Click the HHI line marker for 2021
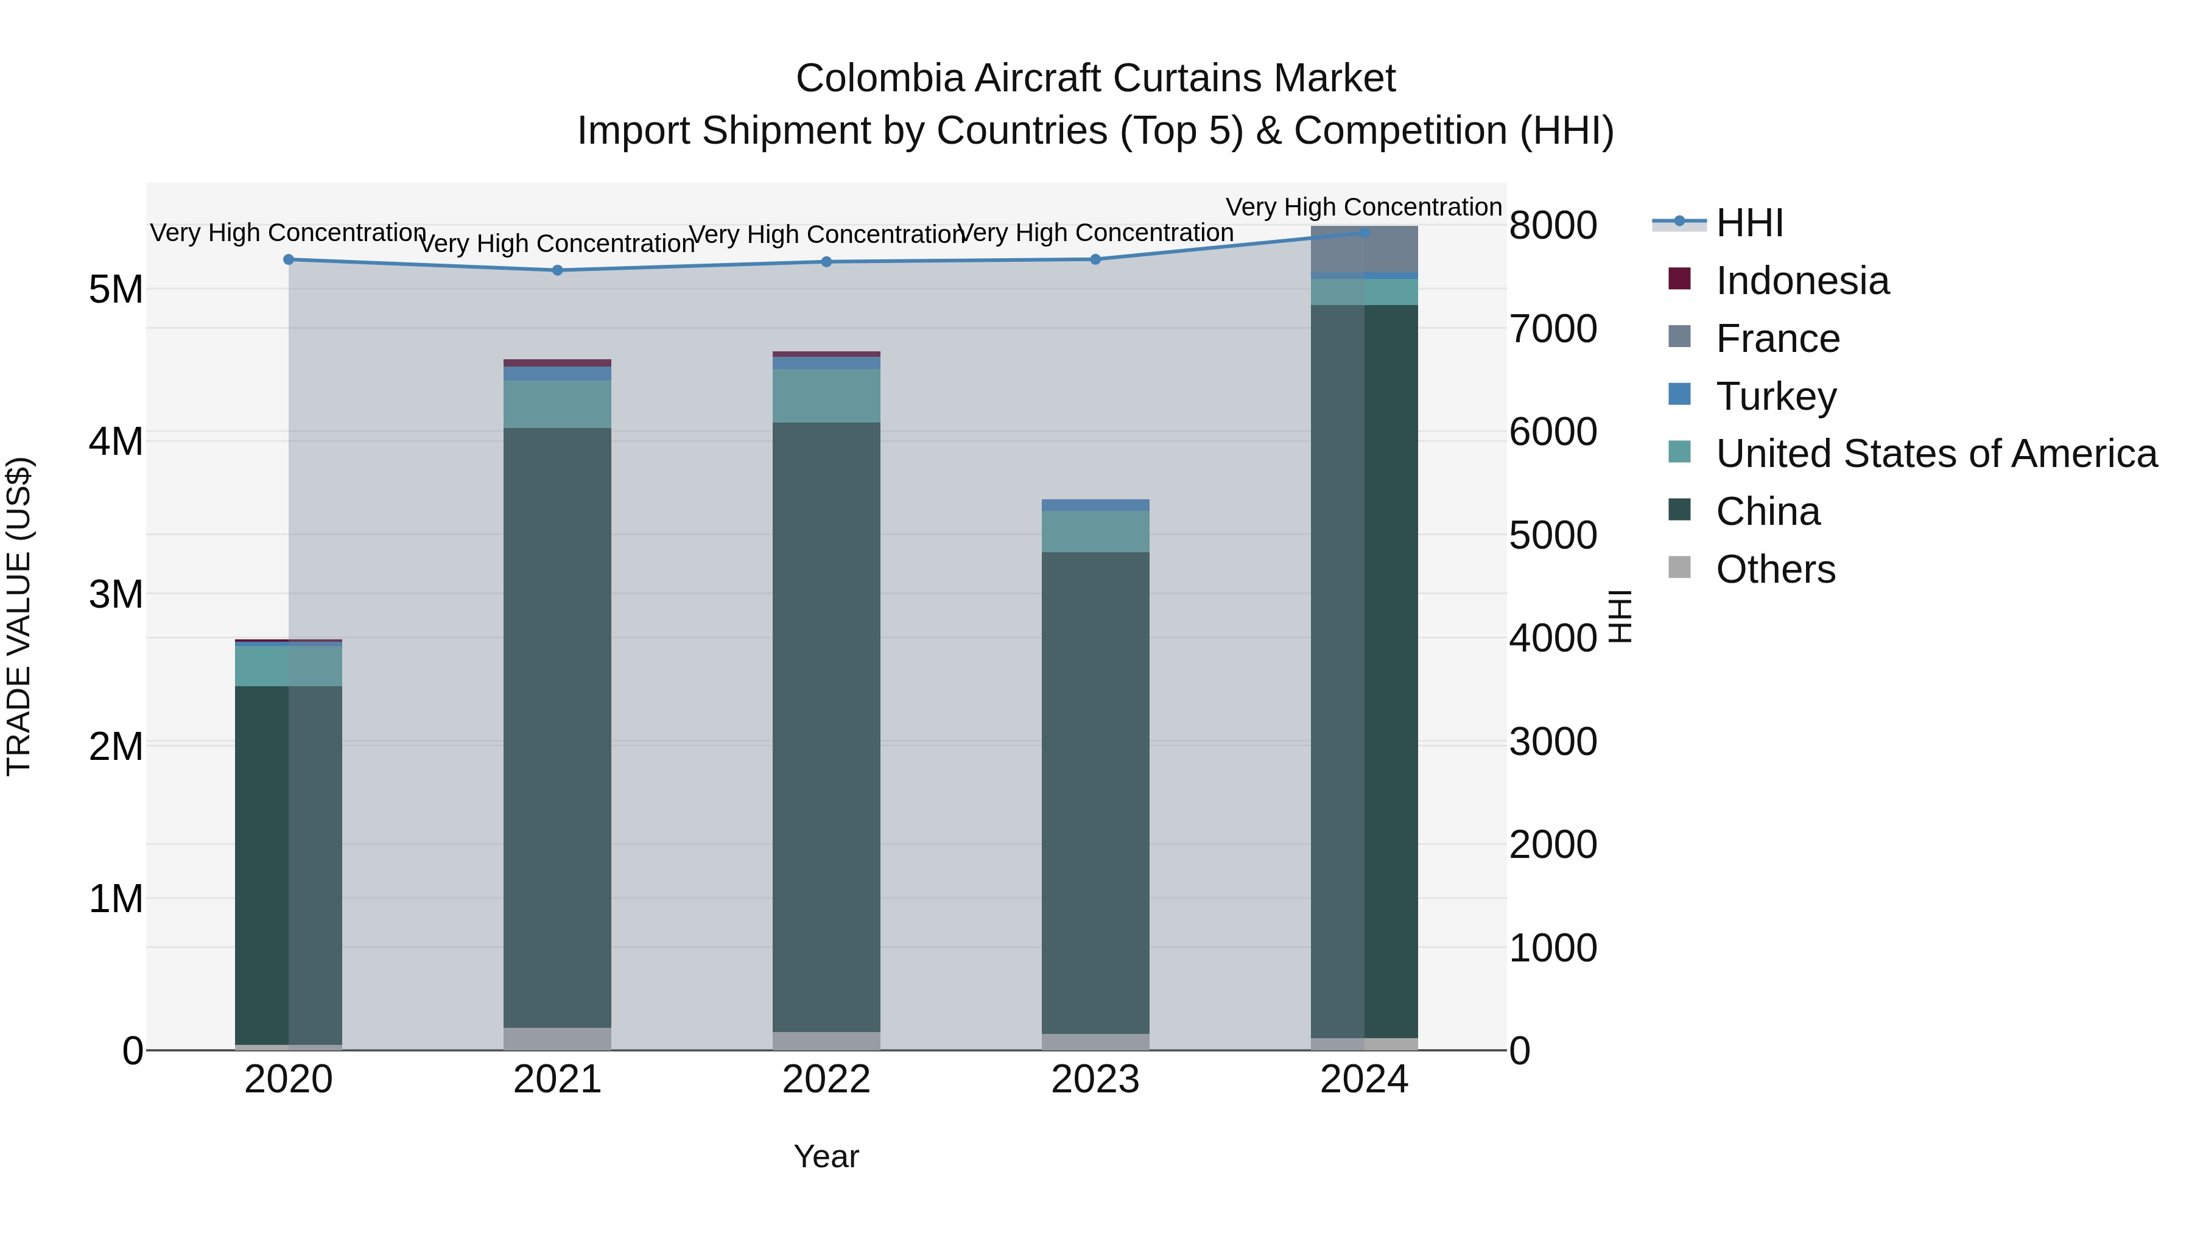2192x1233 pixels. pyautogui.click(x=557, y=270)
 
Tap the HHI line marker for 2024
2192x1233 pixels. pyautogui.click(x=1364, y=233)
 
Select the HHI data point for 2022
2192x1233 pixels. pyautogui.click(x=826, y=262)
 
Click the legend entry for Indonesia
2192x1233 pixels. pyautogui.click(x=1802, y=281)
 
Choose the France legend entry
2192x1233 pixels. pyautogui.click(x=1777, y=339)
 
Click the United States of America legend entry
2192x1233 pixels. pyautogui.click(x=1936, y=454)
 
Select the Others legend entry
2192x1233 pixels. pyautogui.click(x=1775, y=569)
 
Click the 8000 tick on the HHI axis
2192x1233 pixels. pyautogui.click(x=1553, y=227)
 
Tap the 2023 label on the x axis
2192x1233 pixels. pyautogui.click(x=1095, y=1080)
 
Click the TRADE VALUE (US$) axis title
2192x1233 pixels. pyautogui.click(x=19, y=616)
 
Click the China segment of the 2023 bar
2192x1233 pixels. pyautogui.click(x=1095, y=792)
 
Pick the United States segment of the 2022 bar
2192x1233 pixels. pyautogui.click(x=826, y=396)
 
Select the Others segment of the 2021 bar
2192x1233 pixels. pyautogui.click(x=557, y=1038)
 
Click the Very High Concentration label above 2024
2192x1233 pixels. pyautogui.click(x=1363, y=208)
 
